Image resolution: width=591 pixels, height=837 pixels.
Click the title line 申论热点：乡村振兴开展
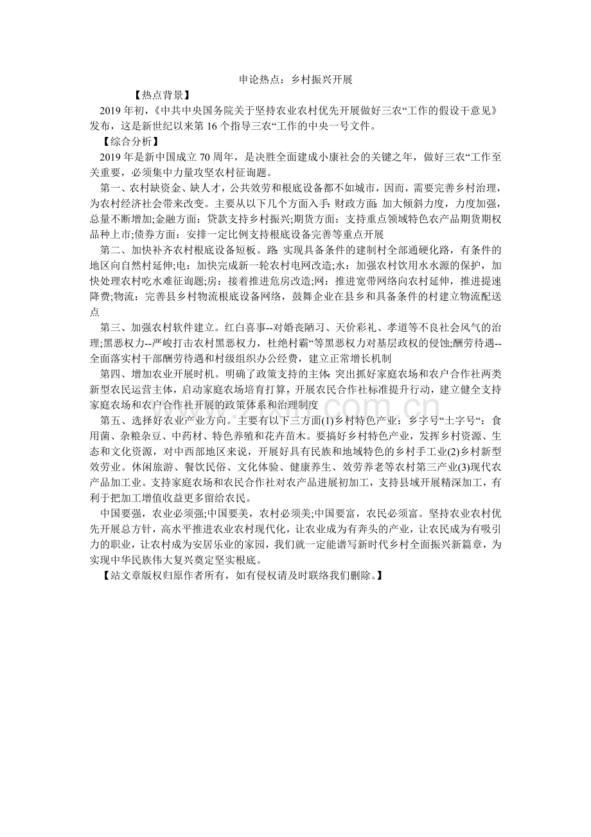point(295,80)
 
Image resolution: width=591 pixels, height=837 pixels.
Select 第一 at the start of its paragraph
point(111,188)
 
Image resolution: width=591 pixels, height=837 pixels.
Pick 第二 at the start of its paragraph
point(111,249)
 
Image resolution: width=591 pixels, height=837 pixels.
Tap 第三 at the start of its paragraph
point(111,327)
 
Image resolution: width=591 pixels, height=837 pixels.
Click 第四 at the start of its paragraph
point(111,373)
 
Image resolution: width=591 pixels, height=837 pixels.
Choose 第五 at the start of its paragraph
point(111,420)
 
